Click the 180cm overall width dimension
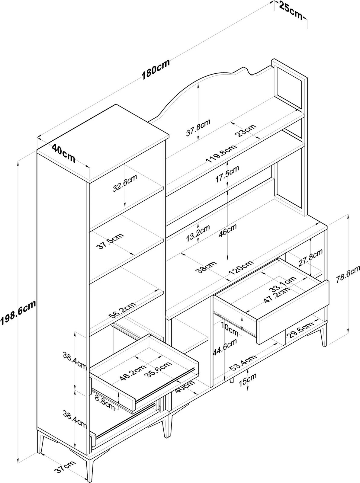pos(156,70)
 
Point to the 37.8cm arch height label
pos(198,128)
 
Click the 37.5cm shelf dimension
pos(110,241)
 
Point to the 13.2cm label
pos(198,233)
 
